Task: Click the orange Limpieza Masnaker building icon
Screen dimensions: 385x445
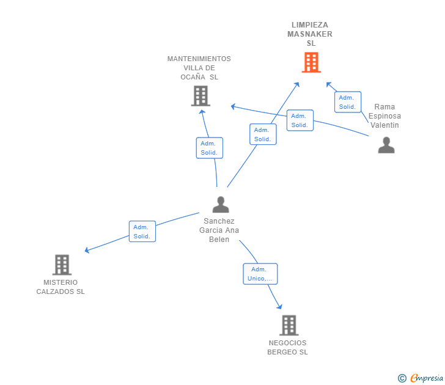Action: [x=311, y=62]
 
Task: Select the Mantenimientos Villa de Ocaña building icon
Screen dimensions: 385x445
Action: [x=200, y=96]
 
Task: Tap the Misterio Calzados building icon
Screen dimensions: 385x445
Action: [x=62, y=265]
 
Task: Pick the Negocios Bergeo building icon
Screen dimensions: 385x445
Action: [x=289, y=325]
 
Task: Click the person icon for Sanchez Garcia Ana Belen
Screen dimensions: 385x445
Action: [x=221, y=204]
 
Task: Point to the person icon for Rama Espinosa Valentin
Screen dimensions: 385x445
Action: [x=386, y=145]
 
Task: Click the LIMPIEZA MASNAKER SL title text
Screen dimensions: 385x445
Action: [x=310, y=34]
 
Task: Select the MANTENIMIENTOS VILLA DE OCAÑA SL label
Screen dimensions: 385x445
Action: [x=199, y=68]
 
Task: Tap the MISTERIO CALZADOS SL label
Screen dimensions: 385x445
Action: [x=61, y=287]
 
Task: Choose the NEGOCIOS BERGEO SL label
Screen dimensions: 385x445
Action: [x=287, y=347]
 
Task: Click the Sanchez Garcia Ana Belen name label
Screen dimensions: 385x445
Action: [x=219, y=230]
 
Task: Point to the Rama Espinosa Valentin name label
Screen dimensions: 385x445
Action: [x=384, y=116]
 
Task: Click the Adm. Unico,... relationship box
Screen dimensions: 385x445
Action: [x=260, y=274]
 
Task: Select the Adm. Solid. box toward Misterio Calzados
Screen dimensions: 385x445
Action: [x=142, y=232]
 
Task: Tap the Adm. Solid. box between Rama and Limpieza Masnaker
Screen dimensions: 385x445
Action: [x=348, y=102]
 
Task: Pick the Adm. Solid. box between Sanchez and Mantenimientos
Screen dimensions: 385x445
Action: [x=209, y=148]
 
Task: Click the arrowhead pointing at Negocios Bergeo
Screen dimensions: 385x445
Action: [x=280, y=306]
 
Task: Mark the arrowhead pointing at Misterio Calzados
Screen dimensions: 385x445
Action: [x=87, y=250]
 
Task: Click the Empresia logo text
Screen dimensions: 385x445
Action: [x=426, y=378]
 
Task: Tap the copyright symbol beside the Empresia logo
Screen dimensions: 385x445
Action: [x=402, y=378]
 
